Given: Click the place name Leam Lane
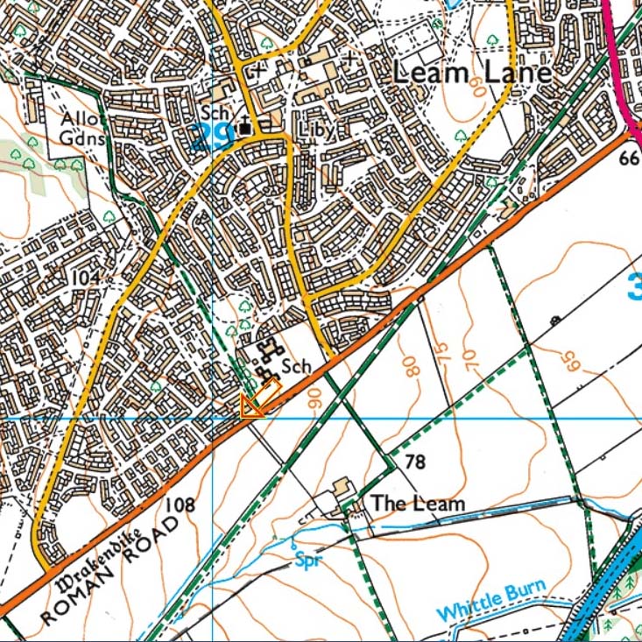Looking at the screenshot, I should coord(472,73).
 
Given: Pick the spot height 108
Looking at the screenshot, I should coord(179,504).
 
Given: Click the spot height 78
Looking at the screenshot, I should coord(415,462).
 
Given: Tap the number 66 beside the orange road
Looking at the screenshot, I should coord(628,159).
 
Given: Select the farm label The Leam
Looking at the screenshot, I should coord(417,504).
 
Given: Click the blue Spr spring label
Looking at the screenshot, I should coord(305,558).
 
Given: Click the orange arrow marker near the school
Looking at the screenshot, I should coord(252,405).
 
